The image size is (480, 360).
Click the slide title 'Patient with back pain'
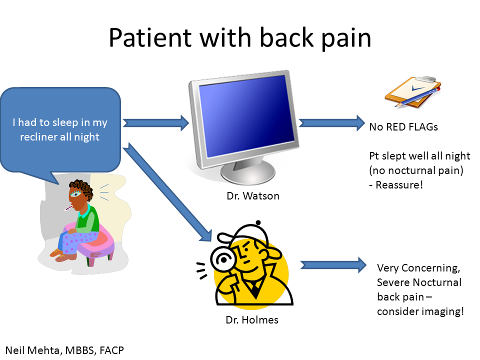click(240, 38)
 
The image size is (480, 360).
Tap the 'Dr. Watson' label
click(252, 196)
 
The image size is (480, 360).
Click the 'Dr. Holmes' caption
click(251, 320)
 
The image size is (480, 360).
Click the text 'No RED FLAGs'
click(403, 127)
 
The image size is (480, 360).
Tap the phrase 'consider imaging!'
click(420, 311)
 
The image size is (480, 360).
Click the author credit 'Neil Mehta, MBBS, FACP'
click(64, 350)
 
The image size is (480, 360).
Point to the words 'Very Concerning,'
click(417, 268)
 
